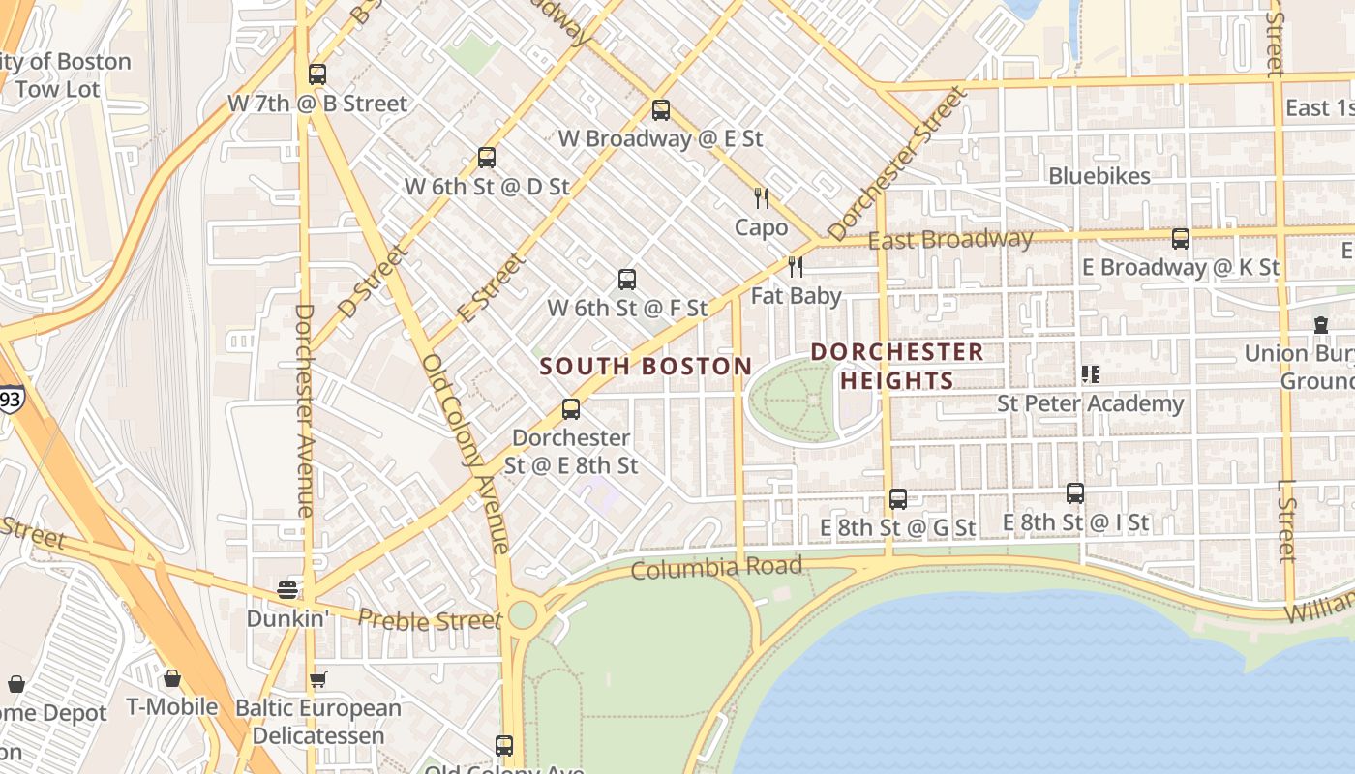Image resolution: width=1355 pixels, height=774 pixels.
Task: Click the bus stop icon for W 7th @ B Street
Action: click(317, 74)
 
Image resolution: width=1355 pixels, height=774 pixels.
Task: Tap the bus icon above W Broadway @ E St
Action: click(661, 110)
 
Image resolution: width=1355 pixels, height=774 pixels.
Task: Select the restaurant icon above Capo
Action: click(762, 198)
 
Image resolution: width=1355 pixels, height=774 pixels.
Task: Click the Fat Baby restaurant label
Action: click(797, 296)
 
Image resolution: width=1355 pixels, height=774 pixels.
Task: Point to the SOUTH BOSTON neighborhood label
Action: click(646, 367)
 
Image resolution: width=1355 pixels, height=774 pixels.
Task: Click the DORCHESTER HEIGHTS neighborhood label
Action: click(897, 366)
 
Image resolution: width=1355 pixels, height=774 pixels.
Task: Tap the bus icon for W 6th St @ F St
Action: click(627, 280)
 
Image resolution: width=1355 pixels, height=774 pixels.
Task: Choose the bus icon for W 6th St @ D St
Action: click(487, 157)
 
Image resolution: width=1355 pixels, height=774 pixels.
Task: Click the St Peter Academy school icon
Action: click(1091, 373)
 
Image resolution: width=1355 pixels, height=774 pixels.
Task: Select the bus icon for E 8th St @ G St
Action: click(898, 499)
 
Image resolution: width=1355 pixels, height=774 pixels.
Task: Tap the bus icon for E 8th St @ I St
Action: click(1075, 493)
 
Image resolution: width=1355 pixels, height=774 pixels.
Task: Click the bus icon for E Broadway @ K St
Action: click(1181, 239)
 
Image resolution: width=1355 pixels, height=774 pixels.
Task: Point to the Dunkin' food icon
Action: click(287, 589)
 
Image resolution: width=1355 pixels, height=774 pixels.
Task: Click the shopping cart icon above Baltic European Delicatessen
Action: click(317, 680)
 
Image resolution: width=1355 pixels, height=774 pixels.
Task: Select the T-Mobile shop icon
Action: click(172, 678)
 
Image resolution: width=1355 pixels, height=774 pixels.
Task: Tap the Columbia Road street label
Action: click(716, 568)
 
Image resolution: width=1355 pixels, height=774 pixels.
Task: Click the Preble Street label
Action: click(429, 620)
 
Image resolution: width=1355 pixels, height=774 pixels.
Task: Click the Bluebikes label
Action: click(1099, 176)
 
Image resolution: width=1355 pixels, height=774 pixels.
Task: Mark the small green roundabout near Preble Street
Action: click(523, 614)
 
